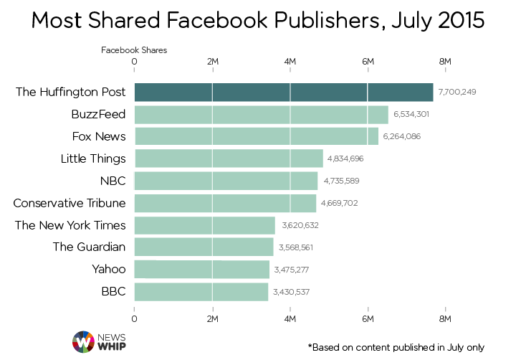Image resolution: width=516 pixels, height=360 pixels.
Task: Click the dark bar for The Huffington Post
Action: coord(284,92)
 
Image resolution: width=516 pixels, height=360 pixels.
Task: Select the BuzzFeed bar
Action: coord(261,114)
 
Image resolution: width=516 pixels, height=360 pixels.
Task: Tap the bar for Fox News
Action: coord(256,136)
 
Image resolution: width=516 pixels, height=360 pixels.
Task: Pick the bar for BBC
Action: coord(201,292)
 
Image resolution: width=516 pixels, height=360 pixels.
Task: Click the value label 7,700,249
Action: coord(457,93)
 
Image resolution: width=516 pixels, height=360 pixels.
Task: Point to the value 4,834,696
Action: coord(347,158)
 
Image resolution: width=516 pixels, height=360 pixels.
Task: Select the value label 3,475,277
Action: coord(292,270)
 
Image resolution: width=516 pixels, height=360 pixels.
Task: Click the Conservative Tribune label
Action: coord(70,203)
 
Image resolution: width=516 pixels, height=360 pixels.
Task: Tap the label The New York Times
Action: coord(70,225)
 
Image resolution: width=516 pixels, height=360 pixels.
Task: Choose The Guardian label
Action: coord(90,247)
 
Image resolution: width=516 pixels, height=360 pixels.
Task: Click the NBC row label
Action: coord(113,181)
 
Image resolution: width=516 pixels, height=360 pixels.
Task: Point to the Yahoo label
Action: coord(110,270)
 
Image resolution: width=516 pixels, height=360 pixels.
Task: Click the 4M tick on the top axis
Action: coord(290,62)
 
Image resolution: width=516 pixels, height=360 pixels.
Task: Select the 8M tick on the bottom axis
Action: coord(445,318)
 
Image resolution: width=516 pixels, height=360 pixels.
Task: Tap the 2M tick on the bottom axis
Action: coord(212,318)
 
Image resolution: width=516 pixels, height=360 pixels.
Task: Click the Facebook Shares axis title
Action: coord(133,50)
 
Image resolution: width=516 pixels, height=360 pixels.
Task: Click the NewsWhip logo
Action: coord(99,341)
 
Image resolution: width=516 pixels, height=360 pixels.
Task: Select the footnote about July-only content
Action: coord(396,346)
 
